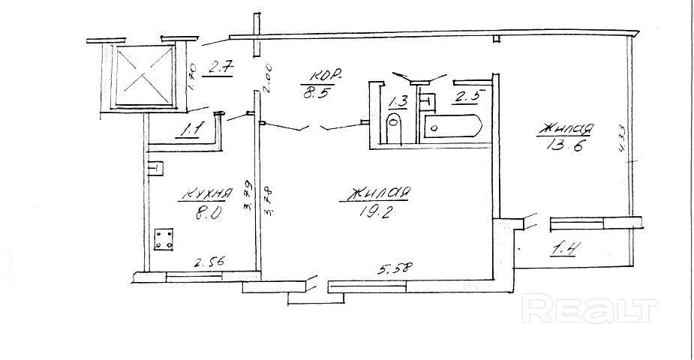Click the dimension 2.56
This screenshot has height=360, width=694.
tap(211, 262)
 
